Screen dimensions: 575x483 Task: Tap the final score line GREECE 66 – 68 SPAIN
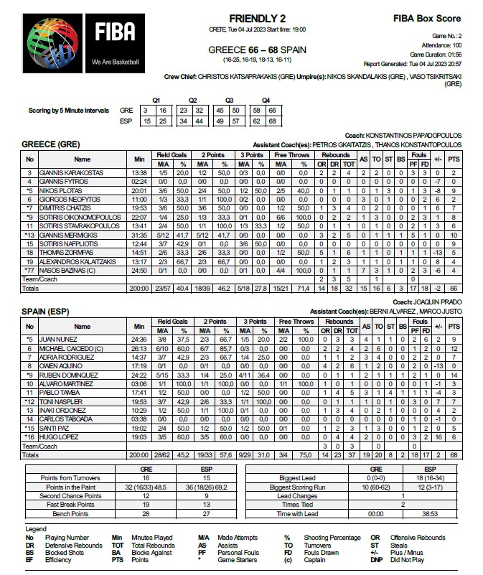pyautogui.click(x=260, y=50)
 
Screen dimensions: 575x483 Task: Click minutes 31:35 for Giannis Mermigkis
pyautogui.click(x=139, y=234)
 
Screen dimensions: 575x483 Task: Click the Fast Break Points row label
pyautogui.click(x=70, y=505)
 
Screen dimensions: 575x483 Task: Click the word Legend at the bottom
pyautogui.click(x=35, y=528)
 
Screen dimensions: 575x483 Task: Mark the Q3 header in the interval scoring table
pyautogui.click(x=230, y=100)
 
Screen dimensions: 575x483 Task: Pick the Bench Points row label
pyautogui.click(x=70, y=514)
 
